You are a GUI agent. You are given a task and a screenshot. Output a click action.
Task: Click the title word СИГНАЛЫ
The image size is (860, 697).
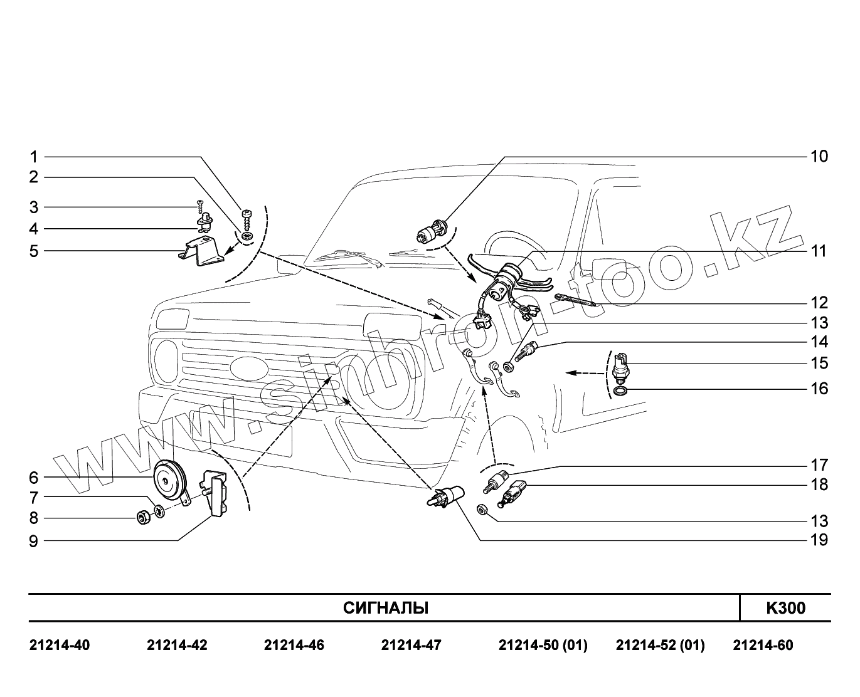(386, 608)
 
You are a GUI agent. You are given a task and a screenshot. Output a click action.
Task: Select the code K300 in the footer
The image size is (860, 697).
(785, 608)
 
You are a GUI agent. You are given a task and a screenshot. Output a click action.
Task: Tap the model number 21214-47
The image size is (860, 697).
(411, 645)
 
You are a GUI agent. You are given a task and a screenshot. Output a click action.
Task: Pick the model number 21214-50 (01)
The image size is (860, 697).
(543, 645)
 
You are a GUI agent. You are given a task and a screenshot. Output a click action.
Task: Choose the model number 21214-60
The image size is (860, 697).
(763, 645)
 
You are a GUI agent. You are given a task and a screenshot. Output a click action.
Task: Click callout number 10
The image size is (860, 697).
(819, 156)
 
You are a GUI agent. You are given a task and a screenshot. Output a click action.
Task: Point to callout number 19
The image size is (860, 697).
(819, 540)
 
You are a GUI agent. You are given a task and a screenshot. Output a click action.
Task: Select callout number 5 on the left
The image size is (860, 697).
(34, 251)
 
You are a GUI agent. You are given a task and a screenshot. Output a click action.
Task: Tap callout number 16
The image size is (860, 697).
(819, 389)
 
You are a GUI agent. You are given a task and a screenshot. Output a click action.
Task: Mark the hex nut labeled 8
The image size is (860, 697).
(143, 518)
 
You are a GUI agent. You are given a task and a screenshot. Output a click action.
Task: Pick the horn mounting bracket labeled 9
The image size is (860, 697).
(216, 495)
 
